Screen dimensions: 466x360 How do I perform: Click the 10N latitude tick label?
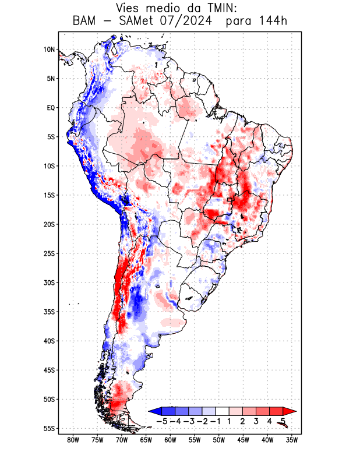click(49, 50)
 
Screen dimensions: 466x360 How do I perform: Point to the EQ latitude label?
click(50, 108)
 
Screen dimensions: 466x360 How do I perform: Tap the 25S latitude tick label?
click(48, 253)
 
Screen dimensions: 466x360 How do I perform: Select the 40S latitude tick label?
click(48, 341)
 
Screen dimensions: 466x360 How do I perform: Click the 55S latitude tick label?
click(48, 428)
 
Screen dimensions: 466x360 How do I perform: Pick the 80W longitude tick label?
click(73, 440)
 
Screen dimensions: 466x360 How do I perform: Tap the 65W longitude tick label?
click(146, 440)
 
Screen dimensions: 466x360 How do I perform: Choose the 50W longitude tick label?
click(219, 440)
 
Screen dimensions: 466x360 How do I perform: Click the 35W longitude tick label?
click(292, 440)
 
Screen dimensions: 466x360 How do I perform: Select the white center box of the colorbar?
click(222, 411)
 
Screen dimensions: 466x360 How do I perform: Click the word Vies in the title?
click(129, 9)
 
